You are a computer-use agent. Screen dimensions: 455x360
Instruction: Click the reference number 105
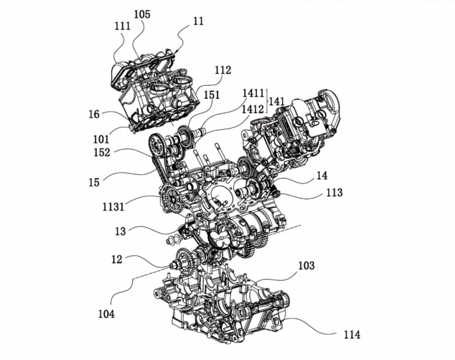(142, 14)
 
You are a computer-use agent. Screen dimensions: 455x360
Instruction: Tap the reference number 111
(122, 26)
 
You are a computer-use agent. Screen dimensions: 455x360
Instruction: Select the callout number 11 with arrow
(198, 21)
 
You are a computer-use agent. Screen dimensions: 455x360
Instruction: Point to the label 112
(223, 70)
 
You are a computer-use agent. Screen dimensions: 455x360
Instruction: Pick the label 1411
(253, 93)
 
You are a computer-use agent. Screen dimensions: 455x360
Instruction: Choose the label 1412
(253, 109)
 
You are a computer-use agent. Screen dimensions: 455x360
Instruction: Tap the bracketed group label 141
(276, 101)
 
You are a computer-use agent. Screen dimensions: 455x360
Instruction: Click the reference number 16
(94, 114)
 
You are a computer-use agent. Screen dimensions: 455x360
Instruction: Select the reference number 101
(101, 139)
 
